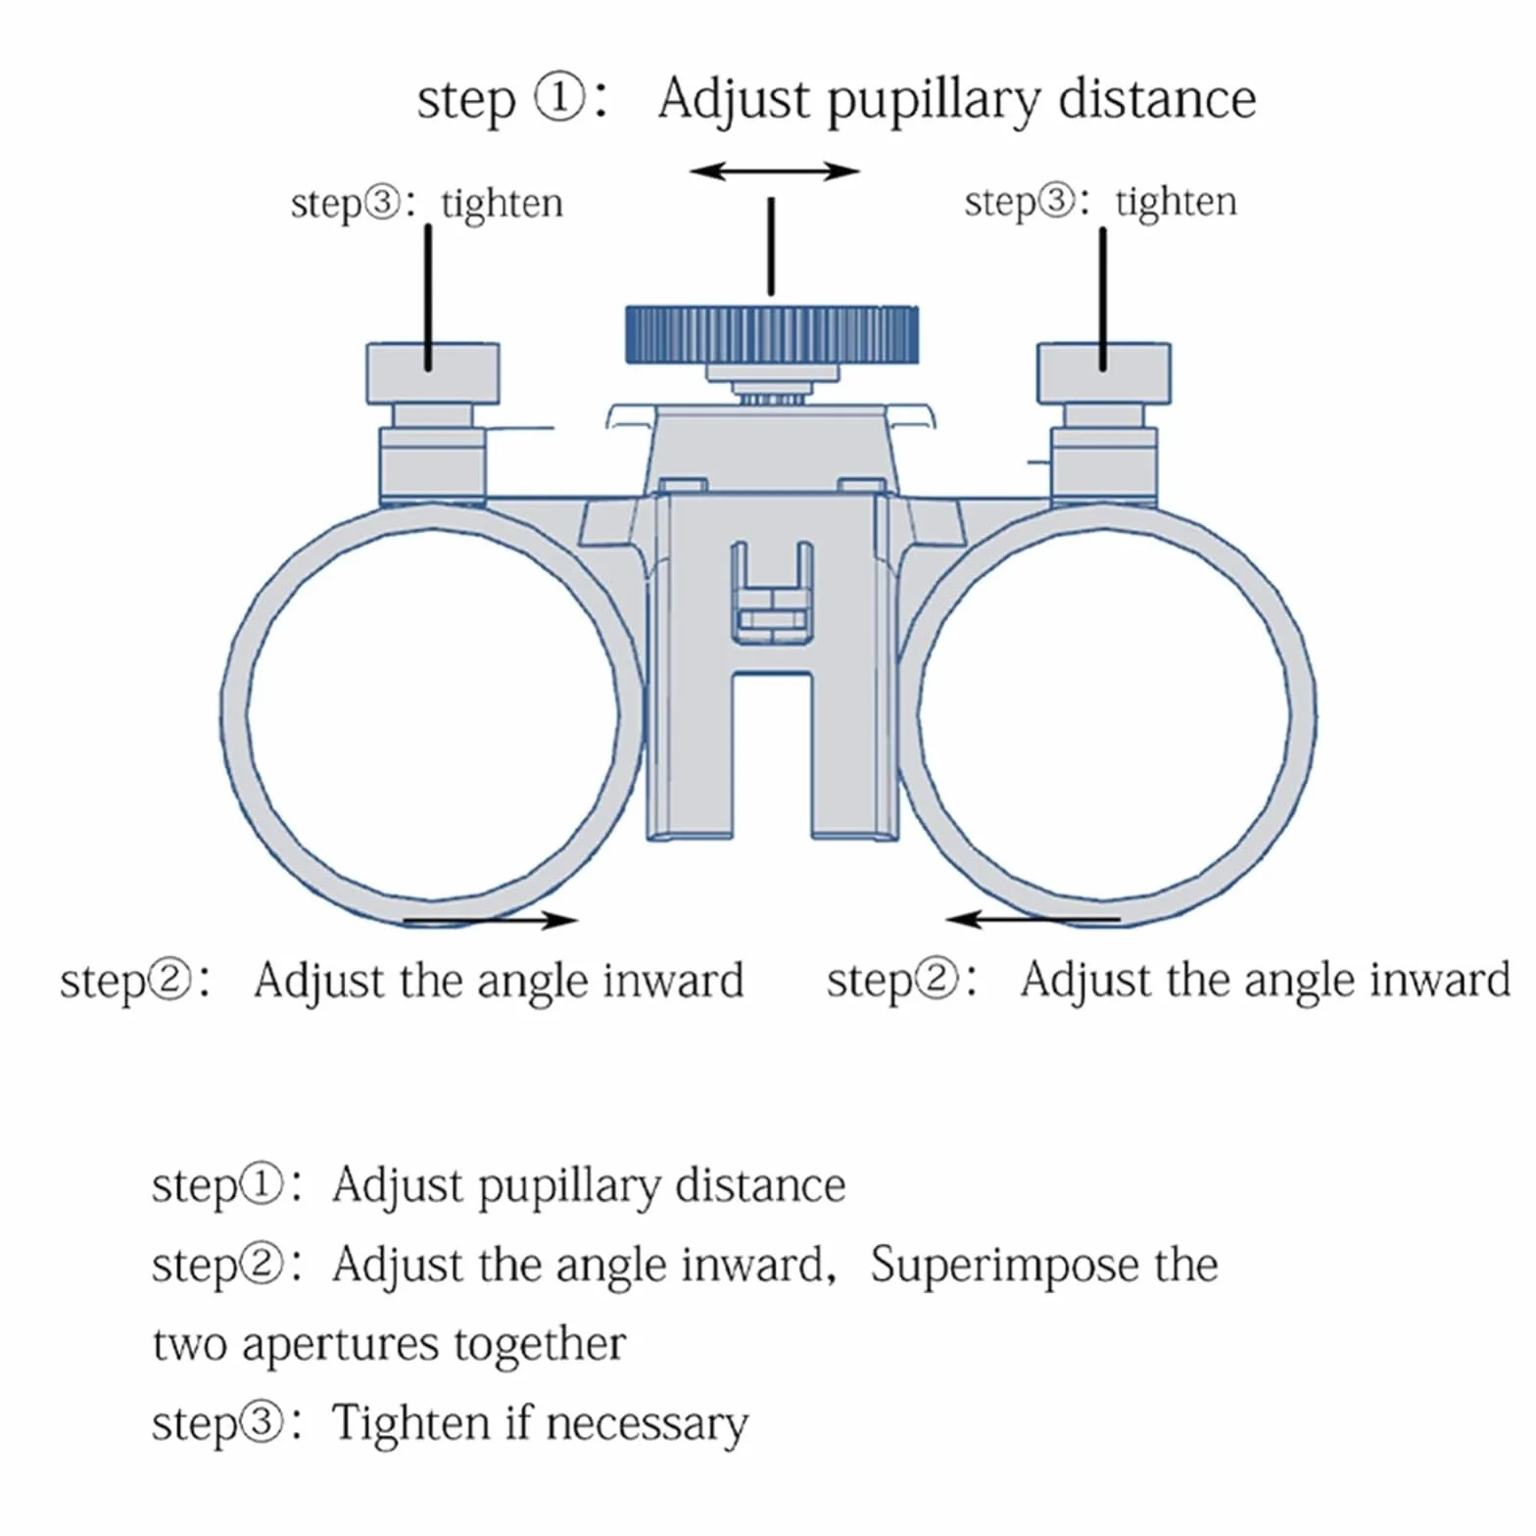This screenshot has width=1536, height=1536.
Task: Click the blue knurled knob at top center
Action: pos(772,334)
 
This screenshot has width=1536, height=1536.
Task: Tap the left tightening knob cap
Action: pos(433,373)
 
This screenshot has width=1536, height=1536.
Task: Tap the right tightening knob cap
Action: pos(1104,373)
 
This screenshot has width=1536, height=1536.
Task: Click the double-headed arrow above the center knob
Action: pos(774,172)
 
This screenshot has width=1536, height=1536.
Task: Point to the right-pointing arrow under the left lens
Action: pos(490,920)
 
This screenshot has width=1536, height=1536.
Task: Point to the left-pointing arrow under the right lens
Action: pos(1033,919)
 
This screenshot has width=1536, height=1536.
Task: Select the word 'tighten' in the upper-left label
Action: pos(502,204)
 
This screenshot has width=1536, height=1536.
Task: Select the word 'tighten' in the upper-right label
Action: pos(1176,202)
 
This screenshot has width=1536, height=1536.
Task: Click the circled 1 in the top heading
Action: pos(559,99)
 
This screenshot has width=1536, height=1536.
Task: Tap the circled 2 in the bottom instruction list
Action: pos(262,1264)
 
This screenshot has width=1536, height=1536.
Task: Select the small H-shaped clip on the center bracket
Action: pos(772,593)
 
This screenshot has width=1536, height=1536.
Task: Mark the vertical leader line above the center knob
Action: pos(772,246)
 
